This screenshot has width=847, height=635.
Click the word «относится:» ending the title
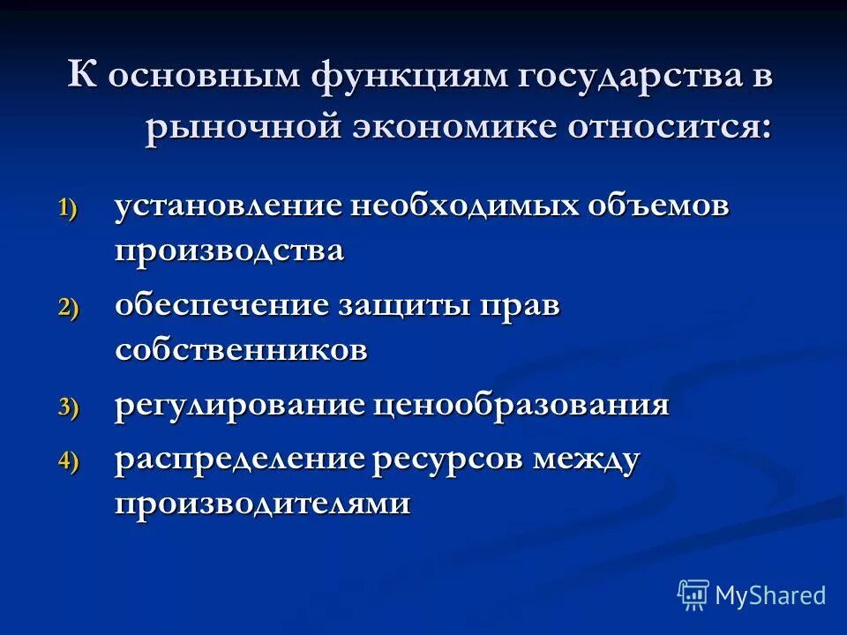(670, 127)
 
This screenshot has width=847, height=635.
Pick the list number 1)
(69, 209)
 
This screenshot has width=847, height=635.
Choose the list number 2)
(69, 308)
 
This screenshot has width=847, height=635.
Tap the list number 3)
(69, 407)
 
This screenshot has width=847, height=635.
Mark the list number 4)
(69, 461)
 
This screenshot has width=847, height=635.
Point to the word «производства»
(229, 251)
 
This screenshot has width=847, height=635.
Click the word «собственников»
(241, 350)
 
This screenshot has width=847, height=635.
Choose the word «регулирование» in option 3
(239, 406)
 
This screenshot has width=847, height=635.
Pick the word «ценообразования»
(521, 406)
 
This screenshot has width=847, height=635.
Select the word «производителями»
(262, 504)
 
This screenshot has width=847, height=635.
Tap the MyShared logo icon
(693, 594)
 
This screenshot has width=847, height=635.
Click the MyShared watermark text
(771, 595)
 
